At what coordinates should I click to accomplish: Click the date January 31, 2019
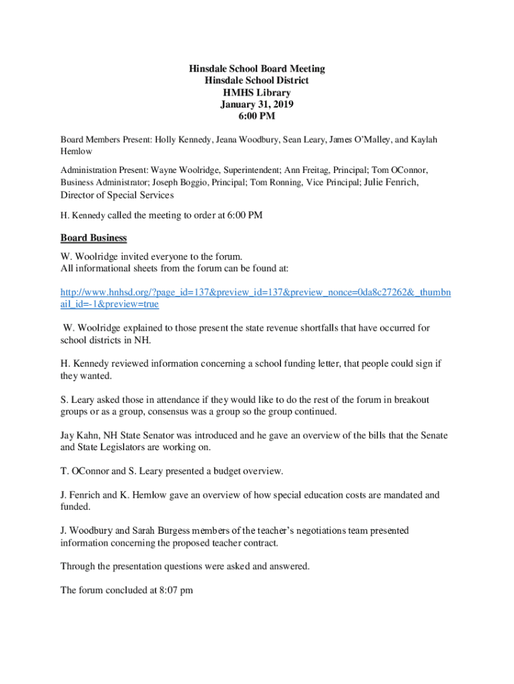257,105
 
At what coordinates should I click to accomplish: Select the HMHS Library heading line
257,93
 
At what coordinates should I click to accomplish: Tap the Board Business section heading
93,238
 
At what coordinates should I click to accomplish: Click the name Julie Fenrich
391,182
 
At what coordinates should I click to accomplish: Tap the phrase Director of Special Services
117,195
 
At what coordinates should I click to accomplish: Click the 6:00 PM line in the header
257,117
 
